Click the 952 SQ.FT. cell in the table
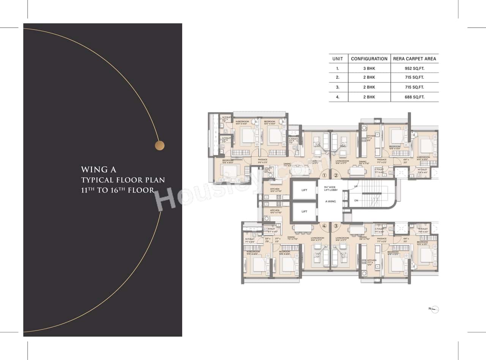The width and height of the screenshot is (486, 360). (414, 68)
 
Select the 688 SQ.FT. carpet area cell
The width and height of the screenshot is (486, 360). (414, 97)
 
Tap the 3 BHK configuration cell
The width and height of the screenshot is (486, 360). (369, 68)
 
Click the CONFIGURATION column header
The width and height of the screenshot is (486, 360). (369, 59)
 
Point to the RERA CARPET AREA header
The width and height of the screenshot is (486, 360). (415, 59)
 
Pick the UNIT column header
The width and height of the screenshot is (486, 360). (338, 59)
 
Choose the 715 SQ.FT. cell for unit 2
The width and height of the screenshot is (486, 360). (414, 77)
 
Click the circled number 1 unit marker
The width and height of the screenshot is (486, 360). (324, 175)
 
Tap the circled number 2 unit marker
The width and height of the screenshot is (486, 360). (336, 175)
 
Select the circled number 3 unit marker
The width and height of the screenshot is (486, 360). (336, 226)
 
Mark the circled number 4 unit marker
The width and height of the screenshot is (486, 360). (324, 226)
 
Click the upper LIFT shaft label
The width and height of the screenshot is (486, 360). (304, 190)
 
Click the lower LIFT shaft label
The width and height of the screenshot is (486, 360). (304, 212)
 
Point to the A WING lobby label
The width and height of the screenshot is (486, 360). (330, 201)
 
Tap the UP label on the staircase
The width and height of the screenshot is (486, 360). (355, 186)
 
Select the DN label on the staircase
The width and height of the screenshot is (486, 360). (355, 201)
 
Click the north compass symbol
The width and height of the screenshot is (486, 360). (435, 309)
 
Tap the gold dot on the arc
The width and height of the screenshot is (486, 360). (160, 145)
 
